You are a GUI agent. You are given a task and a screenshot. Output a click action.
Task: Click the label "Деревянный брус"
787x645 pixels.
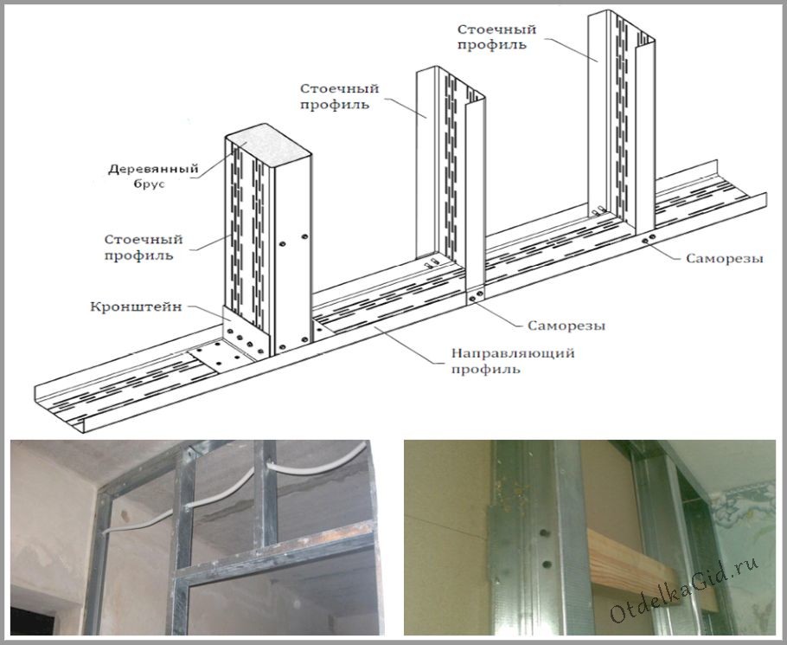153,176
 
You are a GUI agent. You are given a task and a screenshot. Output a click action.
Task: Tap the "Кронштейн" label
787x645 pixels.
136,306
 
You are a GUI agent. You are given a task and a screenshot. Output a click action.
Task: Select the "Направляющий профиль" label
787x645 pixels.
513,361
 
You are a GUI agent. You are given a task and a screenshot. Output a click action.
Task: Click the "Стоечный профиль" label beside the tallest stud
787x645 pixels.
496,36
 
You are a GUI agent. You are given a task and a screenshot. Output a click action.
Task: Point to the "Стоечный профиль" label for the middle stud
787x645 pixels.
339,96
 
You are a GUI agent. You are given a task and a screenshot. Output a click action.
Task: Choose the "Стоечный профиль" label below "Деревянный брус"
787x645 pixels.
144,247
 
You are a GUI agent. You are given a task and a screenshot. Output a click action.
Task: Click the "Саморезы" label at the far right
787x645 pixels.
725,258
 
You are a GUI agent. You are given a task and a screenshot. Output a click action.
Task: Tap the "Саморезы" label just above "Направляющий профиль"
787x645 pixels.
566,326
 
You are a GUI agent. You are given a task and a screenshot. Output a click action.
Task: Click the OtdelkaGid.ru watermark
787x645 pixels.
685,590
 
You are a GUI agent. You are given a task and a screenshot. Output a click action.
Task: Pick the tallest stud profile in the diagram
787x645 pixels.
621,120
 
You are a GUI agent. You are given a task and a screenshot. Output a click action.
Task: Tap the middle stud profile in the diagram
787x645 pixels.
451,181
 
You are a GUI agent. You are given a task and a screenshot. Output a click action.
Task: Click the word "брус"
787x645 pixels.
149,184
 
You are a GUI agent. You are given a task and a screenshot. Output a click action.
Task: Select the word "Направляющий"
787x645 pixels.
513,353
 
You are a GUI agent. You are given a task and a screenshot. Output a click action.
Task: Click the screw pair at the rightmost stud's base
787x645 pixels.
648,239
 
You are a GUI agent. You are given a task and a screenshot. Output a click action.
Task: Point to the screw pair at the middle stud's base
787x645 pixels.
477,297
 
